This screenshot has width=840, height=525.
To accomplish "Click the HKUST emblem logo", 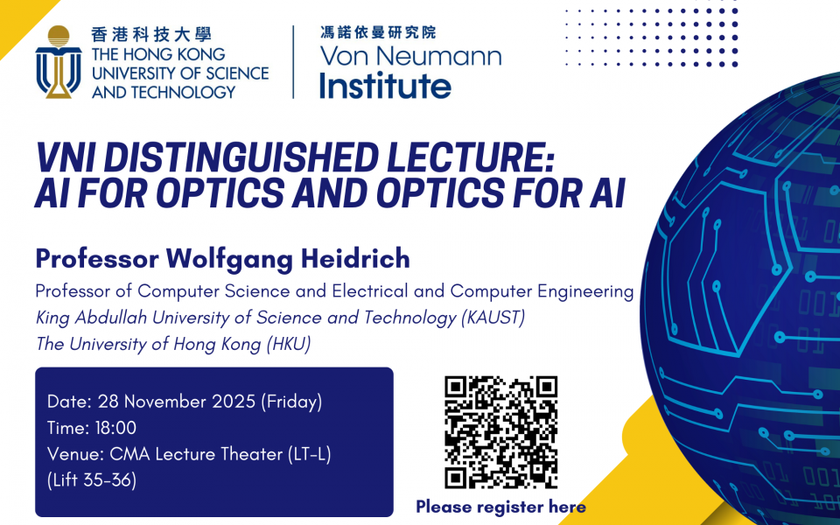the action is pos(59,62).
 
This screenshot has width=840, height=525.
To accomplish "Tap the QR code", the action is pos(500,432).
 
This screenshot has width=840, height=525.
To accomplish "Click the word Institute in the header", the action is pos(385,86).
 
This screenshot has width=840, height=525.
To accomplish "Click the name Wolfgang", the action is pos(229,260).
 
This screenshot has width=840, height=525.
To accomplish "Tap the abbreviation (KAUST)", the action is pos(493,318).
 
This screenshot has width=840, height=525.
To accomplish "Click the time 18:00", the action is pos(115,428).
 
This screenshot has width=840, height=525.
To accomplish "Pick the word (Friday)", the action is pos(291,402).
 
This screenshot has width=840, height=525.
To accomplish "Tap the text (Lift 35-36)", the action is pos(92,480).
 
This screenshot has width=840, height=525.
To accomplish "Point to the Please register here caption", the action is pos(500,507).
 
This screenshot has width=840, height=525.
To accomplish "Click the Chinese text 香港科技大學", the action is pos(151,35).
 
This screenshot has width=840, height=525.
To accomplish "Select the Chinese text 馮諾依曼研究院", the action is pos(378,32).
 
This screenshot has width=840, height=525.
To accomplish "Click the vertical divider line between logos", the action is pos(294,62).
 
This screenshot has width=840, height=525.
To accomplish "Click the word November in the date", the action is pos(166,402).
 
